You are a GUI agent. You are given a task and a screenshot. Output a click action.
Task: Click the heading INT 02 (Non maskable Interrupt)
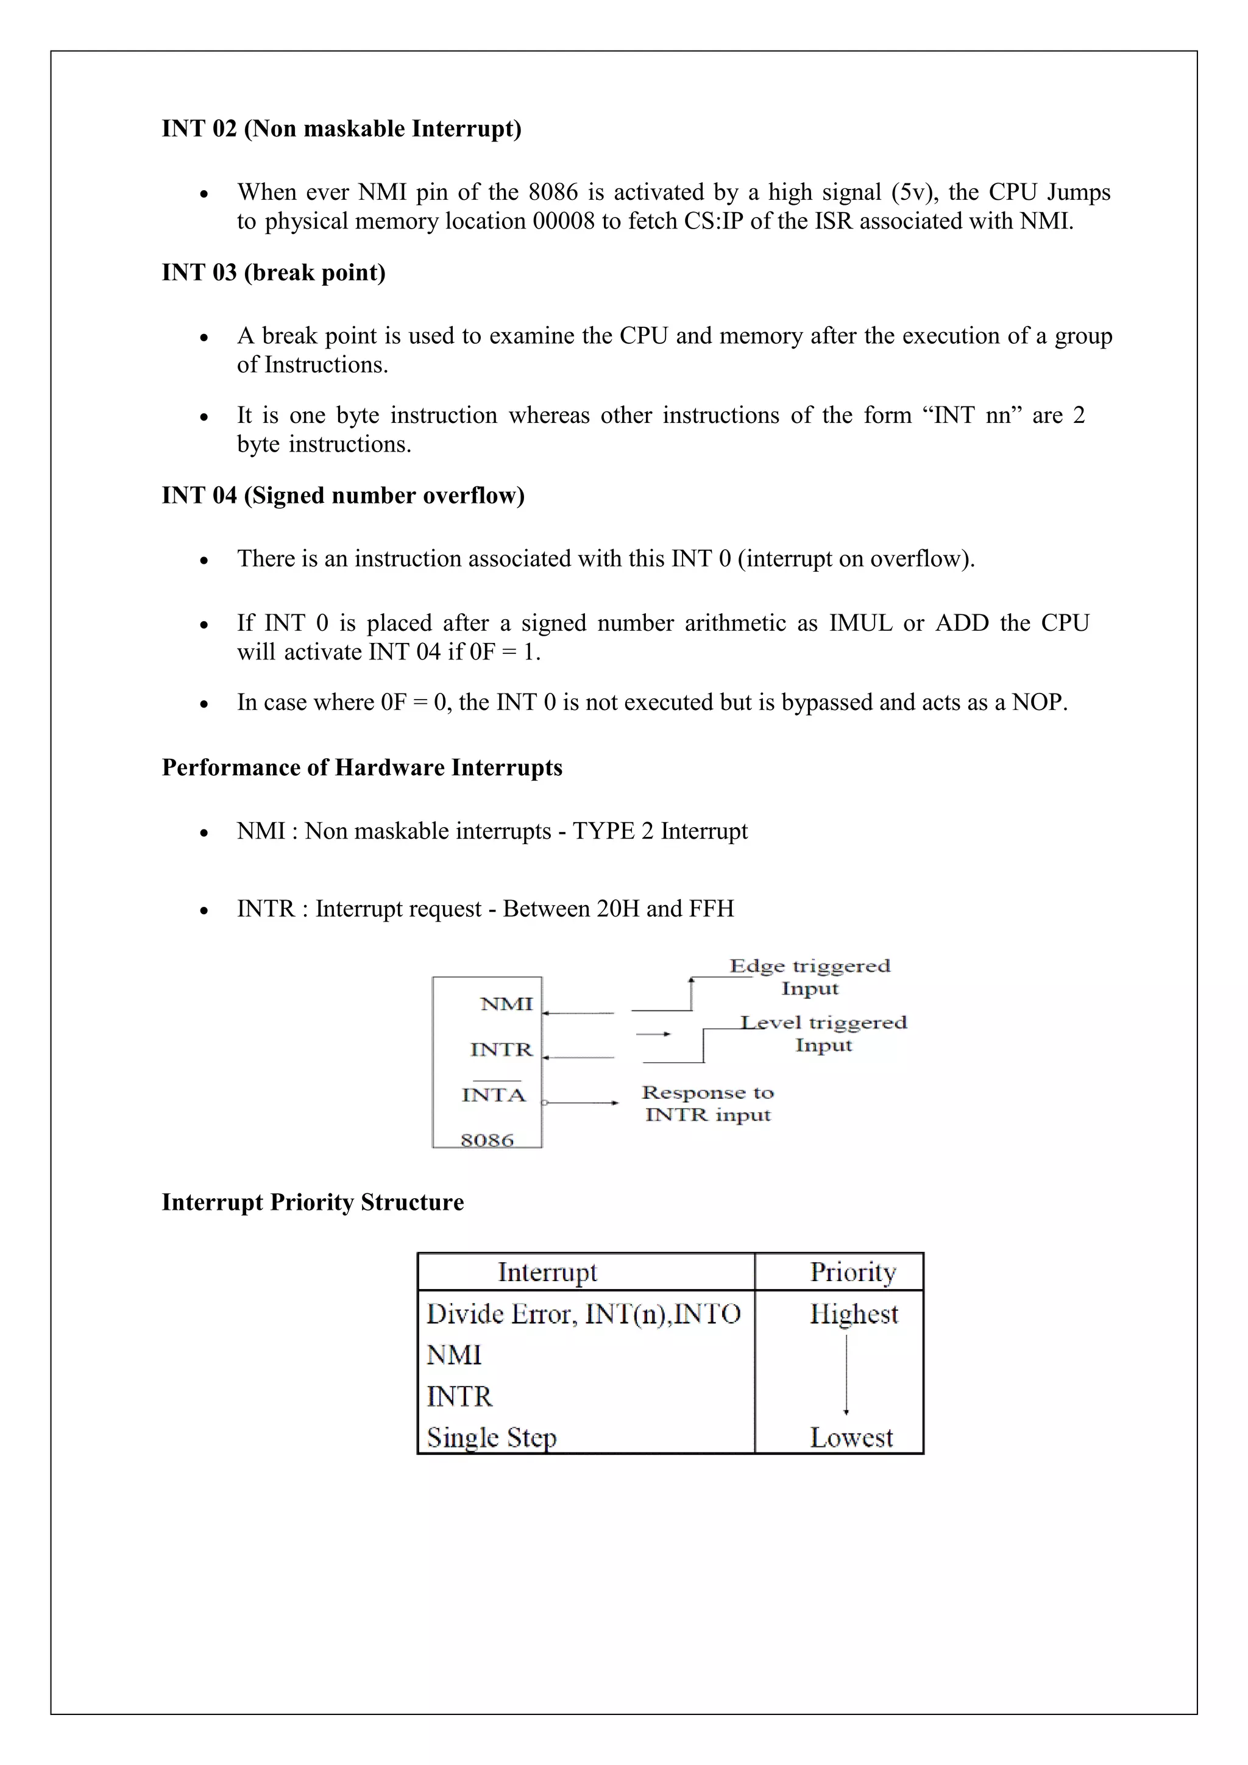341,129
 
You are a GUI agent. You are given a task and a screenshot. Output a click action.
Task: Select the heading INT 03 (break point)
274,272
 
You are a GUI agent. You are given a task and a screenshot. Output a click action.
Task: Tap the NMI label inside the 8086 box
506,1004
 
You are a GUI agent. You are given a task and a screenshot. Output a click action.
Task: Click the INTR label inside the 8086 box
501,1049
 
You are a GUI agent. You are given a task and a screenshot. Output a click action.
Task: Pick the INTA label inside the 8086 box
494,1095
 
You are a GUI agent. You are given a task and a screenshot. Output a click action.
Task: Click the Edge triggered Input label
809,977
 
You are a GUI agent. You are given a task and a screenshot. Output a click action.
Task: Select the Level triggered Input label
823,1033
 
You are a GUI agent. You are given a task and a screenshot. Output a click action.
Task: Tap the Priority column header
853,1272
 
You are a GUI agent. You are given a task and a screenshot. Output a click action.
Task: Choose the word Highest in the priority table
853,1314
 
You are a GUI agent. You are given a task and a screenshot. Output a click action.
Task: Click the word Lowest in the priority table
851,1438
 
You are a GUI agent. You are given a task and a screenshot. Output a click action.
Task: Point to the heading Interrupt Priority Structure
313,1202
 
